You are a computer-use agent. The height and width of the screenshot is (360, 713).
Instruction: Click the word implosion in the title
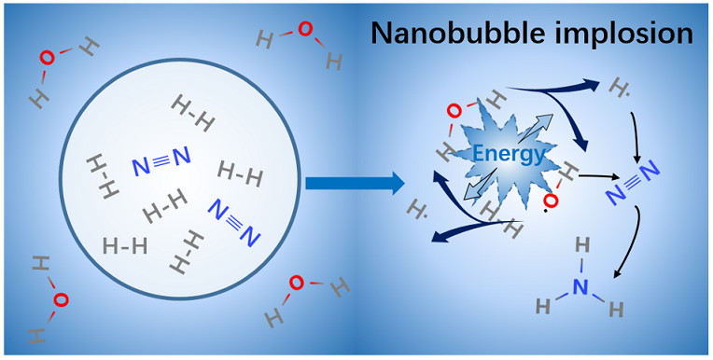626,34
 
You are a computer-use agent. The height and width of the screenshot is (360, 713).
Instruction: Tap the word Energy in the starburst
509,156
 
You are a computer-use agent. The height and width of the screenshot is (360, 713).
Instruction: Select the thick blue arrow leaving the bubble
355,183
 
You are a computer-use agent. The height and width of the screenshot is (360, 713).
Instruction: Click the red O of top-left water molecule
48,57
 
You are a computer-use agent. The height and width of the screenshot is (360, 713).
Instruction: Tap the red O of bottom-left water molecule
61,300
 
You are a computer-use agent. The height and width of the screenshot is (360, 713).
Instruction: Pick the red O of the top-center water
305,29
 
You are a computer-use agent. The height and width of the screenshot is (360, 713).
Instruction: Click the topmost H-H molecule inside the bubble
193,114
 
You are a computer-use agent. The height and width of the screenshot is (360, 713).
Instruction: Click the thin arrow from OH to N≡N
599,176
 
